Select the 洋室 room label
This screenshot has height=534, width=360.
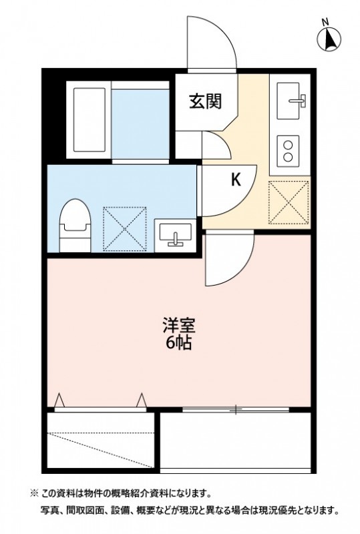(x=178, y=328)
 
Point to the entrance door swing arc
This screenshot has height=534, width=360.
(x=212, y=41)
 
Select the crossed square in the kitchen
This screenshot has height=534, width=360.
(x=289, y=201)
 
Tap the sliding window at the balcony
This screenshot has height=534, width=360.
(x=236, y=409)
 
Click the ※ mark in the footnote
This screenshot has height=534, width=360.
(x=33, y=494)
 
